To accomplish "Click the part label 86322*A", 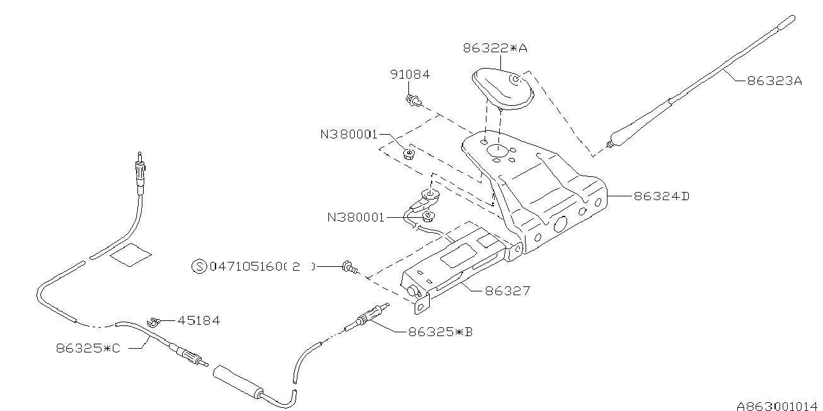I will tap(495, 47).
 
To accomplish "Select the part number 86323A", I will tap(774, 81).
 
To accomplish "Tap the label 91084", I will tap(409, 74).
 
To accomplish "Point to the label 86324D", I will tap(662, 196).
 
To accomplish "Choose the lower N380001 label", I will tap(355, 218).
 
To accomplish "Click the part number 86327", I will tap(507, 291).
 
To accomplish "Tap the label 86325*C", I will tap(88, 347).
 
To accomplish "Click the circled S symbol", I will tap(199, 267).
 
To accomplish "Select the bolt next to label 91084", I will tap(413, 99).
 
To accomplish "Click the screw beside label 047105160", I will tap(348, 267).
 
